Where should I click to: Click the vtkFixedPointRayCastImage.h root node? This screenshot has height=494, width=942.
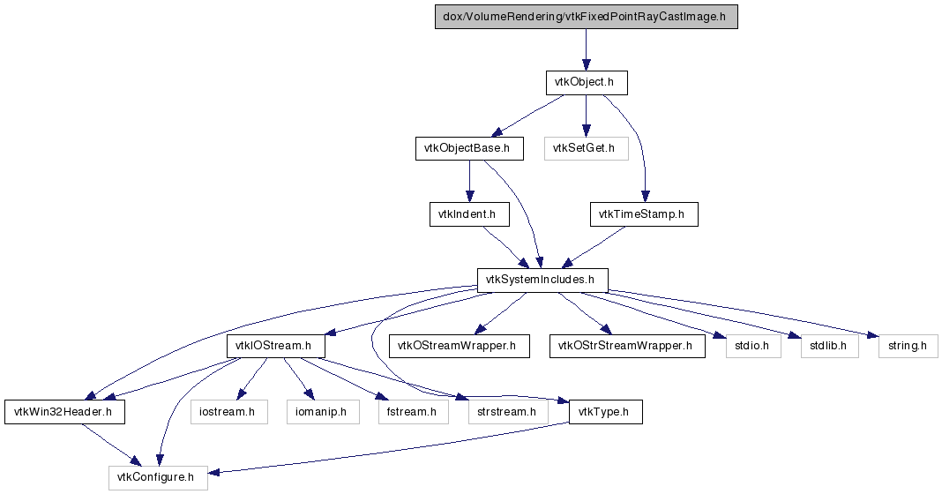[587, 17]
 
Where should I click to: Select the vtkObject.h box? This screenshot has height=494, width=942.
[587, 82]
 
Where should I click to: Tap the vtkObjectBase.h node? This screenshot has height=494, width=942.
[469, 148]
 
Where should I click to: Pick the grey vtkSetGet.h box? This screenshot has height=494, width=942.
[587, 148]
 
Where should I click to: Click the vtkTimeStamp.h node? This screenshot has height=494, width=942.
[644, 214]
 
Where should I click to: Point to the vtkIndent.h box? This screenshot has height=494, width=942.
[469, 214]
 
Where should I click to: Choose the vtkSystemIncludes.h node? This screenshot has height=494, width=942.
[542, 280]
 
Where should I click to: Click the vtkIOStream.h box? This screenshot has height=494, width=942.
[276, 346]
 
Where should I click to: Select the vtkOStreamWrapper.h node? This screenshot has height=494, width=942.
[460, 346]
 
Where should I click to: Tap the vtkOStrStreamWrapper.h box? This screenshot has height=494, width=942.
[627, 346]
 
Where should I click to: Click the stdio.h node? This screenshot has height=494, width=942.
[753, 346]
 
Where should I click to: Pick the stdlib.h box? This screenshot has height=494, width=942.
[830, 346]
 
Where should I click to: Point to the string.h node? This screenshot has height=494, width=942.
[908, 346]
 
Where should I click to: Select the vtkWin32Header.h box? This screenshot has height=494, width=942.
[65, 412]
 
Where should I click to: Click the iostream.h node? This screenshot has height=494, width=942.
[229, 412]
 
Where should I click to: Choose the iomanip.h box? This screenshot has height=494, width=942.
[323, 412]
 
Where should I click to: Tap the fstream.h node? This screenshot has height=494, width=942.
[414, 412]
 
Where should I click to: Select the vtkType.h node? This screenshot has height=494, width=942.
[606, 412]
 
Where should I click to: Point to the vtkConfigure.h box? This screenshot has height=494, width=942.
[158, 478]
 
